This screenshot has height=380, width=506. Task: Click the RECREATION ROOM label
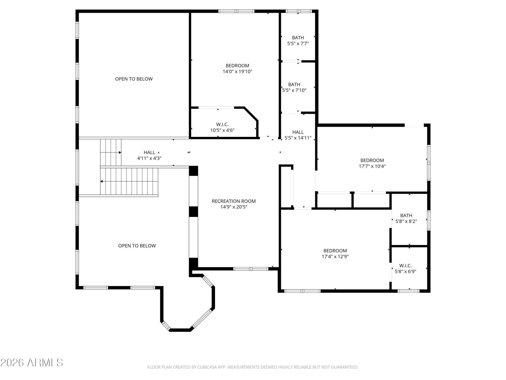coord(234,201)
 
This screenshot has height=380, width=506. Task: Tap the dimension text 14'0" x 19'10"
coord(237,71)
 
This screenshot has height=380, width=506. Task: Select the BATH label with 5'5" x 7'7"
coord(298,38)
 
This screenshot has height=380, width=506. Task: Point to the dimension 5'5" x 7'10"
coord(294,90)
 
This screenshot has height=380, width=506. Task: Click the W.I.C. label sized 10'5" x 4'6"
coord(222,124)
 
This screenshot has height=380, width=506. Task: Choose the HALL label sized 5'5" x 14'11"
coord(298,132)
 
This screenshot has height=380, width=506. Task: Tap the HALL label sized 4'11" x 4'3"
coord(149,152)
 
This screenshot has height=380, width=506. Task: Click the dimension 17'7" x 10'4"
coord(372,166)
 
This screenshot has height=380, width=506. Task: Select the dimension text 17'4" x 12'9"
coord(335,256)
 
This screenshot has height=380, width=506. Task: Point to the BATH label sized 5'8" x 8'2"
coord(406,216)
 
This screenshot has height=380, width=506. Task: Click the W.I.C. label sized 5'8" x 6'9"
coord(405,265)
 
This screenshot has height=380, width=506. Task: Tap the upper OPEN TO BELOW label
coord(134,79)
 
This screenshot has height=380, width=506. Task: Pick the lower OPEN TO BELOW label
coord(137,246)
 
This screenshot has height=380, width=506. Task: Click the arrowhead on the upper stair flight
coord(120,153)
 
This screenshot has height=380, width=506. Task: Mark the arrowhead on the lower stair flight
coord(101,181)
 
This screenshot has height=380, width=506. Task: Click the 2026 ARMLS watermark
coord(32,363)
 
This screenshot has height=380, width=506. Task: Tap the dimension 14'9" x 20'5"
coord(234,207)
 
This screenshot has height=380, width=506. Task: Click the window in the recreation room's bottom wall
coord(251,269)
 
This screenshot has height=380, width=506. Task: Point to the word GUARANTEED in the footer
coord(346,367)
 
